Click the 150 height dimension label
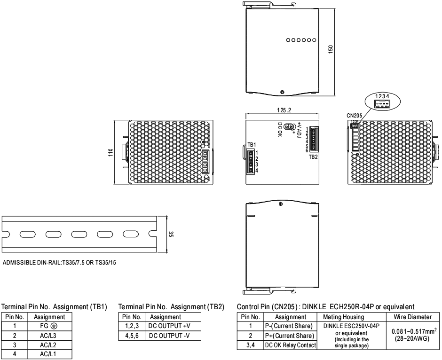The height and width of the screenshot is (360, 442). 331,49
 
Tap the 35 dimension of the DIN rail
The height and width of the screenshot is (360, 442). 171,234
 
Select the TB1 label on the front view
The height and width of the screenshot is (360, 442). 252,145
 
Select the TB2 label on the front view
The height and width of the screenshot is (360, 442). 313,157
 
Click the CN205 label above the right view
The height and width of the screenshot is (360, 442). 355,116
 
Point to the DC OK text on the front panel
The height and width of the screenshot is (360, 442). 280,130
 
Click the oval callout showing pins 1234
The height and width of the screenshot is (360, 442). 382,101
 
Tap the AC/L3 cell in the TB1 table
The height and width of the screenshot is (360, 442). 50,336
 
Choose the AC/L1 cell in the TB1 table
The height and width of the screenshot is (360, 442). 50,354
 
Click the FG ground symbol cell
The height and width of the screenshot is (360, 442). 50,326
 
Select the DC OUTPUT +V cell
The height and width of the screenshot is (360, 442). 173,326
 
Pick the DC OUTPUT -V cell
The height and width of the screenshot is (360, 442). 173,336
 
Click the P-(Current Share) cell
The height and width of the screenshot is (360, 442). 290,326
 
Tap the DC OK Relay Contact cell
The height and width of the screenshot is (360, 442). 290,345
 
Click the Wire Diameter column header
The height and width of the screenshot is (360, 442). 413,317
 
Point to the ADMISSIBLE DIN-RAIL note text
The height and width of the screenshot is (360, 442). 59,263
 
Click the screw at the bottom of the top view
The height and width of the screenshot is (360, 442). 282,92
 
